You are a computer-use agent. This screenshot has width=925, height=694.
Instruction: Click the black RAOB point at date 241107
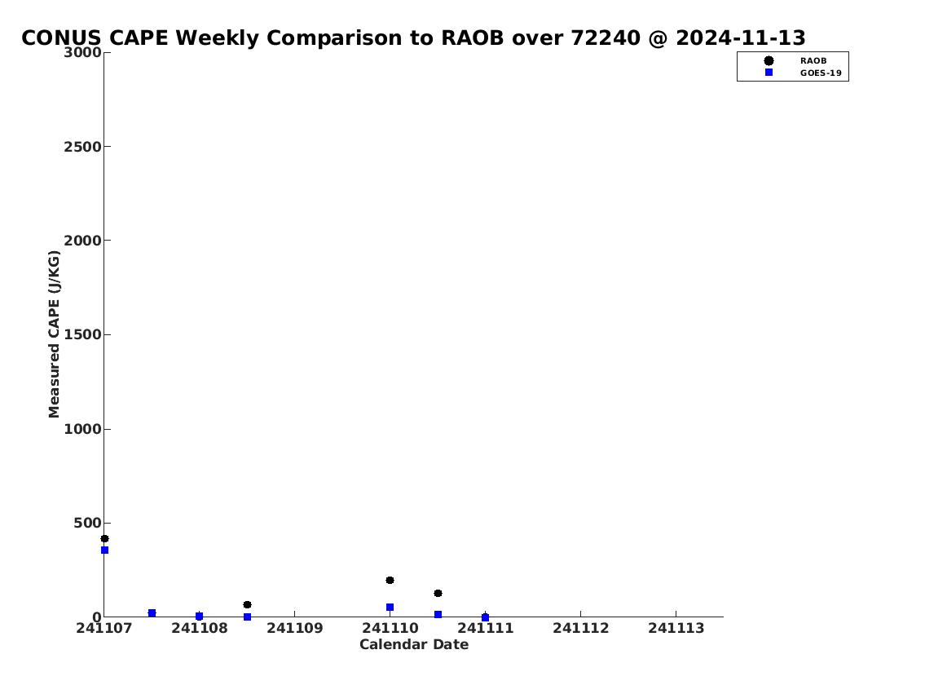tap(104, 539)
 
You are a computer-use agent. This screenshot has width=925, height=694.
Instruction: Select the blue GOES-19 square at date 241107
tap(104, 550)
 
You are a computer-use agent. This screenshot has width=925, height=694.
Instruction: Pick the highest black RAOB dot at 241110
tap(390, 580)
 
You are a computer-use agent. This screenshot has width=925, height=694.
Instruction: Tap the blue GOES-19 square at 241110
tap(390, 608)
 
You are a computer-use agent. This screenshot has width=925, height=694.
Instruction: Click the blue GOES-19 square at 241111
tap(486, 618)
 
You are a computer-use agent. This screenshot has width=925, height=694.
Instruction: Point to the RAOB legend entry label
tap(813, 61)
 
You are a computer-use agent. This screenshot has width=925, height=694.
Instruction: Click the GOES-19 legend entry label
tap(821, 73)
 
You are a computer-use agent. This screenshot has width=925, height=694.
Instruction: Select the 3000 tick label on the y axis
tap(82, 52)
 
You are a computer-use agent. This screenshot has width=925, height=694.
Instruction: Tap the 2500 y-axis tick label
tap(82, 146)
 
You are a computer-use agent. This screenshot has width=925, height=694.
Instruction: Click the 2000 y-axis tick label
tap(82, 241)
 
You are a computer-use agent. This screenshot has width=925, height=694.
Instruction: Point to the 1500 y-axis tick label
tap(82, 334)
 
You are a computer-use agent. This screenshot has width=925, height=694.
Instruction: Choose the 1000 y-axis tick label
tap(82, 429)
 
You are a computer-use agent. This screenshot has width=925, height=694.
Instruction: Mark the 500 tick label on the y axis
tap(87, 523)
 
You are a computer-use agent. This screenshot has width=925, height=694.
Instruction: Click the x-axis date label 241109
tap(295, 628)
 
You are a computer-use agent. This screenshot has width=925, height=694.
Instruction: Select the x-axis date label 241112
tap(580, 628)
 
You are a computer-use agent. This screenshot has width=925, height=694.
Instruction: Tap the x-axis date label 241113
tap(676, 628)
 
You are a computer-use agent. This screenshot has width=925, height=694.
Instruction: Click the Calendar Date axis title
tap(414, 644)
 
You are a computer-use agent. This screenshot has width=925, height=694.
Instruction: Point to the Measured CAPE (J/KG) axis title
tap(55, 334)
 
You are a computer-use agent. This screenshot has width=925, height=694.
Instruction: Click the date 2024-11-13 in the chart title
tap(740, 38)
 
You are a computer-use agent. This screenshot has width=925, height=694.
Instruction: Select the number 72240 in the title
tap(606, 38)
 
